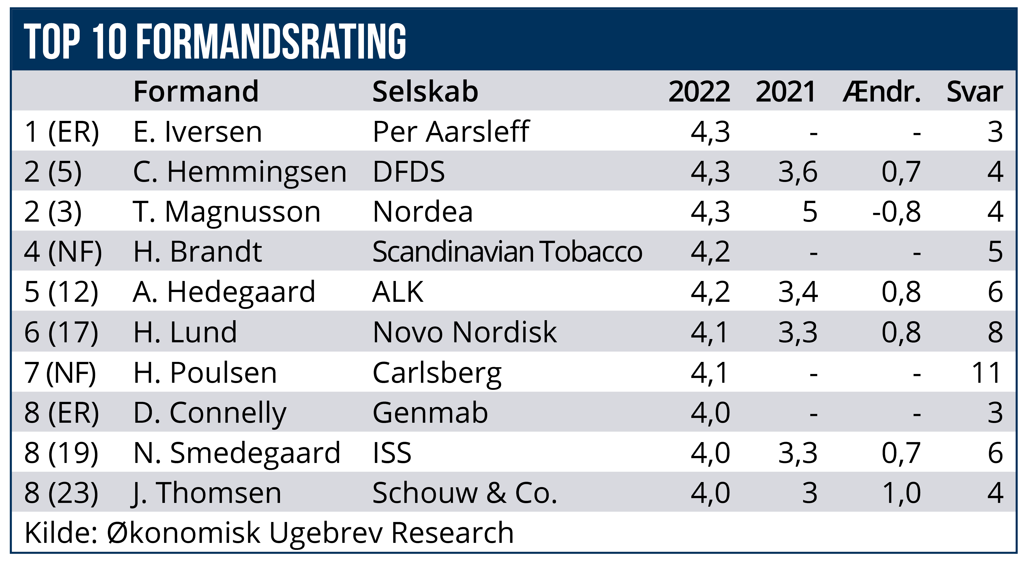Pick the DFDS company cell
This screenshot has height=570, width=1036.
(409, 172)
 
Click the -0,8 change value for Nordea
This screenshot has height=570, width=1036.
(896, 212)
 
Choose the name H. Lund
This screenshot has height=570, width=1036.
(185, 332)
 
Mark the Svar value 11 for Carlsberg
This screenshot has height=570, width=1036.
(986, 372)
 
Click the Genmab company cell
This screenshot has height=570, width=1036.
(430, 413)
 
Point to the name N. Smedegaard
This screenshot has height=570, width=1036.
(237, 453)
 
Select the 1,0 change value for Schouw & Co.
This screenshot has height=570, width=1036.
(901, 493)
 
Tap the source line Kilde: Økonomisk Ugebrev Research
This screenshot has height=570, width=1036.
(269, 533)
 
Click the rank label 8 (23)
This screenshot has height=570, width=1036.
(61, 493)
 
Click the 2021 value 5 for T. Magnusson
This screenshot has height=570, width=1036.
(810, 212)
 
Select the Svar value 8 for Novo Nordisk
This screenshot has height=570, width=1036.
(995, 332)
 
